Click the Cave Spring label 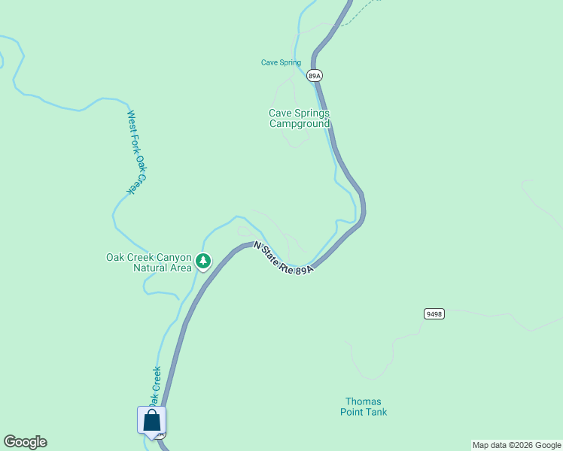[x=281, y=63]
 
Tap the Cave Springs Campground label [x=300, y=119]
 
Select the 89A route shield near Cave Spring [x=315, y=75]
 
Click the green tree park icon [x=202, y=262]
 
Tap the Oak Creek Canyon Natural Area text [x=149, y=262]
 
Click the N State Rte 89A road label [x=282, y=258]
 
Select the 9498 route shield [x=434, y=313]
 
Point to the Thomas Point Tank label [x=364, y=407]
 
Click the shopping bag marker [x=151, y=420]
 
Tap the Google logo [x=25, y=442]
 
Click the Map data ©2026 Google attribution [x=516, y=445]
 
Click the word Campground [x=300, y=124]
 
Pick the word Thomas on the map [x=364, y=401]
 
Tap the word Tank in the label [x=376, y=412]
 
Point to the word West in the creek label [x=131, y=121]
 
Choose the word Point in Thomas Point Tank [x=351, y=412]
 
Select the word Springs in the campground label [x=312, y=114]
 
